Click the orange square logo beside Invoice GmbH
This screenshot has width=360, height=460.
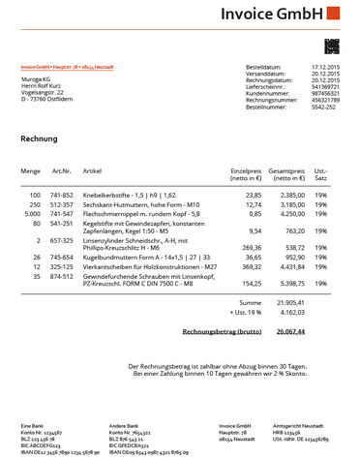click(x=333, y=14)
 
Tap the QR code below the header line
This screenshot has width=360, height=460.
click(x=332, y=46)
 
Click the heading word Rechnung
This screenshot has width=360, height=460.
click(x=39, y=138)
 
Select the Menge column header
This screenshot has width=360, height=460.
click(x=30, y=170)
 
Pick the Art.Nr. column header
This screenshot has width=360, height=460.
click(x=61, y=170)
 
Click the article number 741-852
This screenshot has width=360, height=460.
click(x=62, y=195)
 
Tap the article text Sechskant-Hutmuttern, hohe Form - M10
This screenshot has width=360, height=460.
click(x=141, y=204)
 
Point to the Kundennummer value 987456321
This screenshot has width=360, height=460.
click(x=324, y=93)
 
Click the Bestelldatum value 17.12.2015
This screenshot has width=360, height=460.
click(x=324, y=67)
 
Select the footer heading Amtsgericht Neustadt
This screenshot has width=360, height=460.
click(x=300, y=424)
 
